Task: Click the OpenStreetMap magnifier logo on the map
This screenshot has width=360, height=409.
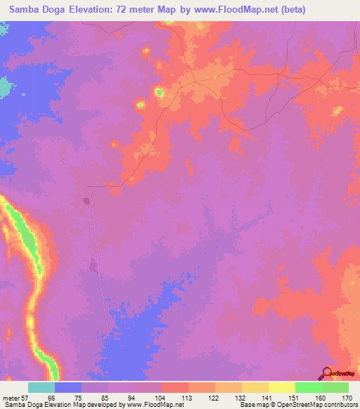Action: click(x=326, y=373)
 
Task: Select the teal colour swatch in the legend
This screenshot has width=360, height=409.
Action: click(x=41, y=387)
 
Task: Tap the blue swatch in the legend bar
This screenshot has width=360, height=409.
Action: click(x=68, y=387)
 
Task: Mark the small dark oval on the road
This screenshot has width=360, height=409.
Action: click(x=86, y=201)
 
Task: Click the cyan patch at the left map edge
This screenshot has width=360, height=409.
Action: click(x=6, y=87)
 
